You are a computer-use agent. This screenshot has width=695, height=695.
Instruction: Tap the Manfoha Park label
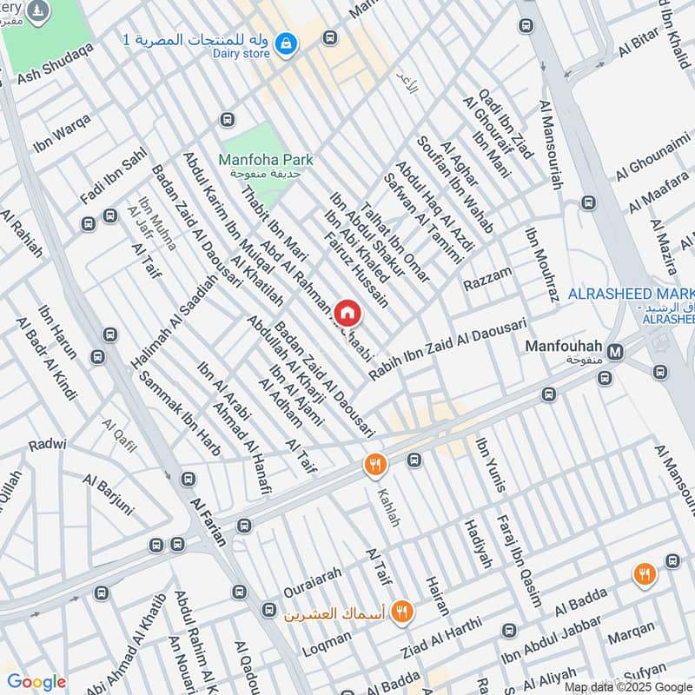266,160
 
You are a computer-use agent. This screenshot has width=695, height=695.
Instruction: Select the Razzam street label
487,280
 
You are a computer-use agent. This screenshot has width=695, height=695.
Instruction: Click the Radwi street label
47,444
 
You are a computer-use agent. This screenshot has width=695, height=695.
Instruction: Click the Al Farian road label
208,521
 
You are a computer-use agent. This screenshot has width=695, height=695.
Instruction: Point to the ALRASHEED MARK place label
631,295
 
